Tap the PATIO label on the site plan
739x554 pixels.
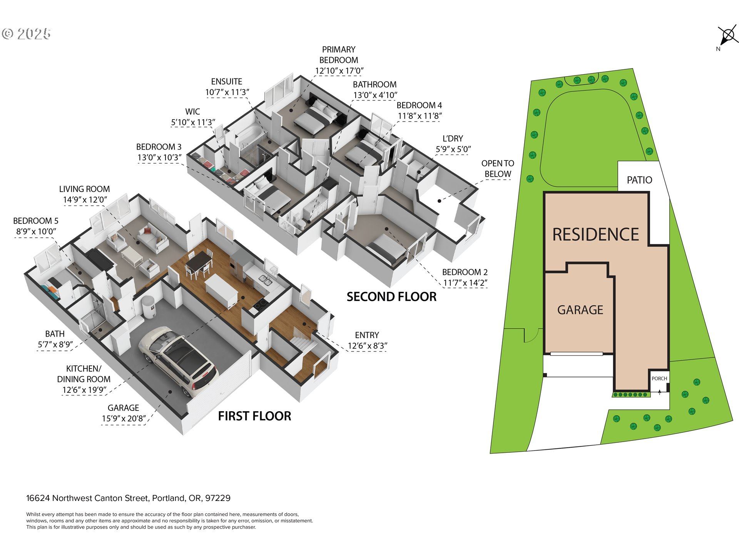click(x=639, y=180)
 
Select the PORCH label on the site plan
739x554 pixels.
click(x=659, y=379)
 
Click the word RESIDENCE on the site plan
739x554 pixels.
click(x=595, y=234)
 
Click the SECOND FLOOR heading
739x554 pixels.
click(x=391, y=297)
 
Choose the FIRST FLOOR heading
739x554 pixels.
click(x=254, y=416)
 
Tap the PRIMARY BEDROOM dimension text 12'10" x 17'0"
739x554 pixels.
click(x=339, y=71)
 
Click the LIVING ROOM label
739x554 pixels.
click(x=84, y=189)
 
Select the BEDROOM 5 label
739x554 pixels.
click(x=36, y=221)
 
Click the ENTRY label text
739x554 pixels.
click(x=367, y=335)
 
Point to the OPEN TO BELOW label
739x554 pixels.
click(x=498, y=169)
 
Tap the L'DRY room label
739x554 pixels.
click(x=453, y=138)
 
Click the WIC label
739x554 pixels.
click(x=192, y=112)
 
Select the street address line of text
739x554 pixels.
click(x=128, y=498)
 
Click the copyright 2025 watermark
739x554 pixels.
click(x=26, y=34)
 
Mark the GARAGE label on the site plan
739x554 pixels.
click(x=580, y=310)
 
